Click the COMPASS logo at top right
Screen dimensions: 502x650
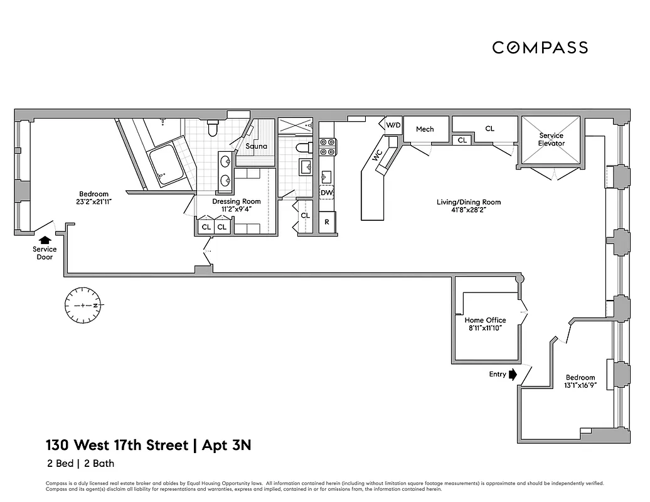tap(540, 47)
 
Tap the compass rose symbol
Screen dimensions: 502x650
tap(84, 305)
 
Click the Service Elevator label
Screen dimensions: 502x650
tap(551, 139)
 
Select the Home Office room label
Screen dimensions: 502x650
tap(485, 320)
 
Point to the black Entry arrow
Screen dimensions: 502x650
tap(512, 375)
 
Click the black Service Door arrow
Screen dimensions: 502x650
tap(45, 239)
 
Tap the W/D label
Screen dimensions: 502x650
tap(393, 125)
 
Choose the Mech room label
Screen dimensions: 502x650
tap(425, 129)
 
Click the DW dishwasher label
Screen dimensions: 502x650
tap(326, 193)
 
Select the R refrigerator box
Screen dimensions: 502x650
tap(327, 222)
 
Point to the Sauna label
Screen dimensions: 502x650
tap(256, 146)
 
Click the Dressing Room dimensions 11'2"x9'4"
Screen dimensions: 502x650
tap(236, 210)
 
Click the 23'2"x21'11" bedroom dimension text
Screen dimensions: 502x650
tap(93, 202)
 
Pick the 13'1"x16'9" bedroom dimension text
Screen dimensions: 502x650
tap(580, 386)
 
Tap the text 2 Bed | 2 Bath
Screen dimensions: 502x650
tap(80, 464)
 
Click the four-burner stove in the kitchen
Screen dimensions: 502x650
tap(328, 147)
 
